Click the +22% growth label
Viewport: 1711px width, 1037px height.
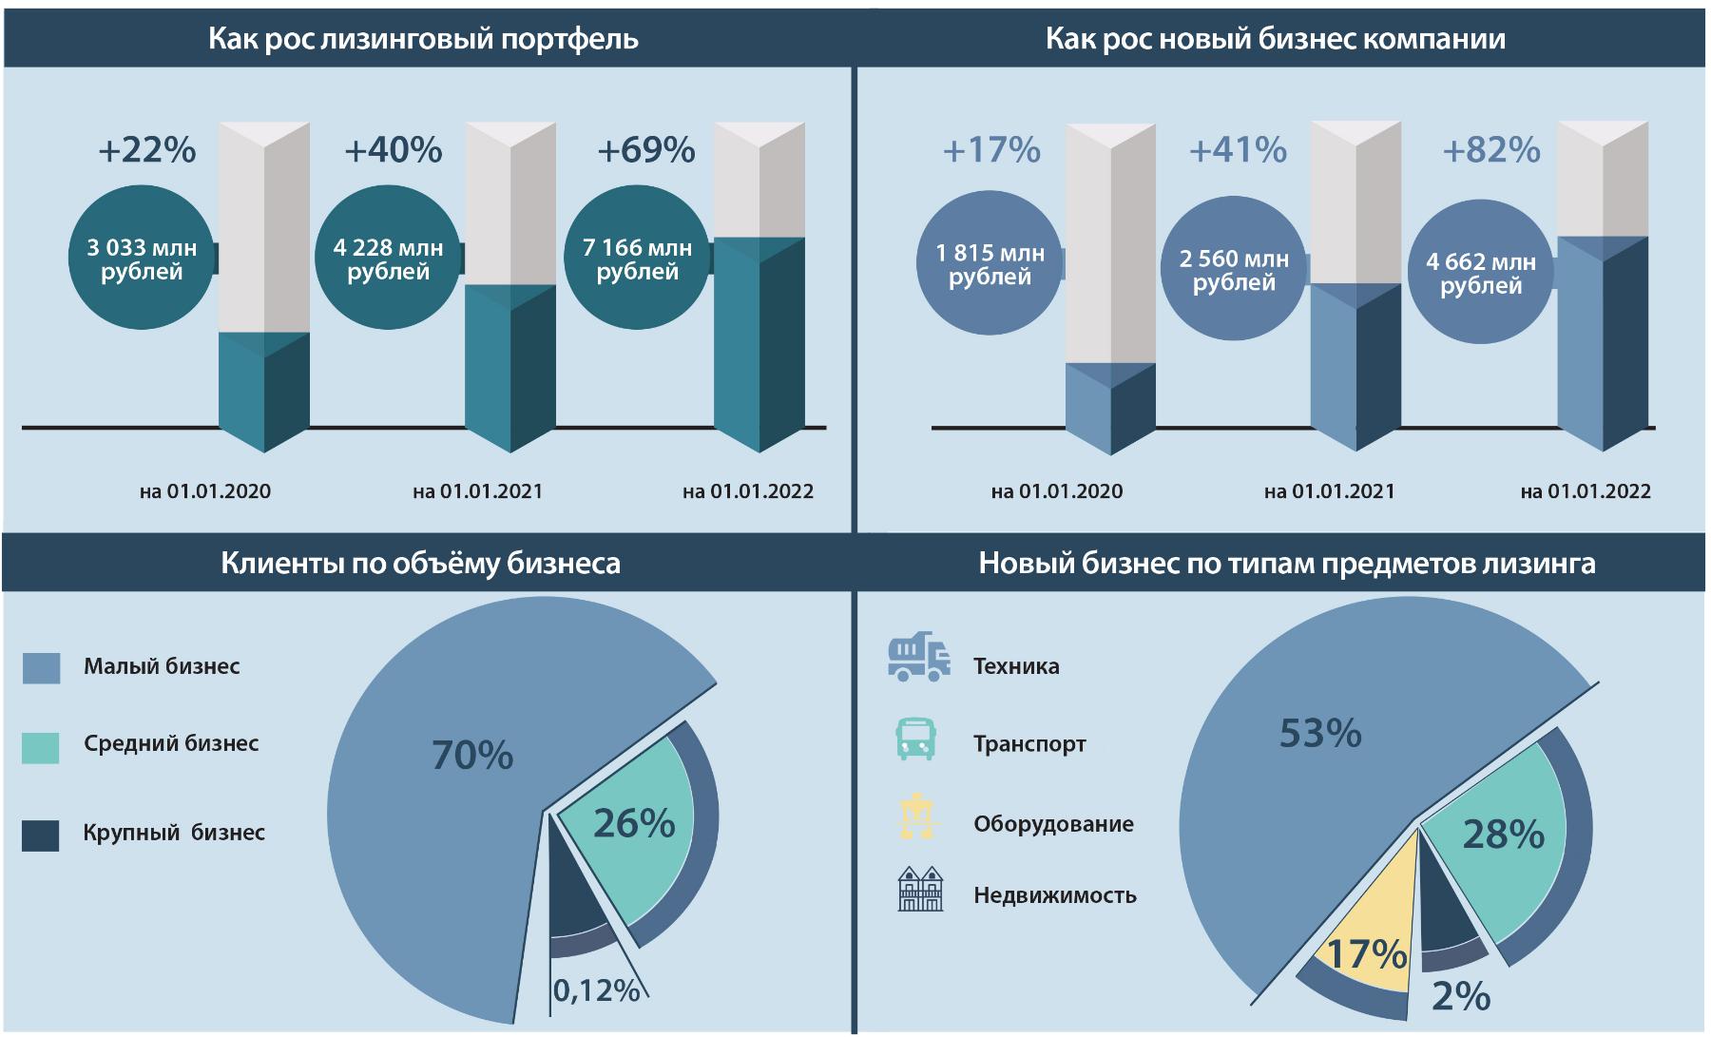pyautogui.click(x=146, y=150)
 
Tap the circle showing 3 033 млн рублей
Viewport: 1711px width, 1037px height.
pyautogui.click(x=142, y=259)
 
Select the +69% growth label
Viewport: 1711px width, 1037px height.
pyautogui.click(x=645, y=150)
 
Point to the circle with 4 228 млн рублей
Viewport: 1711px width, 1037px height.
pyautogui.click(x=388, y=259)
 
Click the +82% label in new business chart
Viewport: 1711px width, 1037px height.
pyautogui.click(x=1490, y=150)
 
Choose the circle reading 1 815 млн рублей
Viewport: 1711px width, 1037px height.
pyautogui.click(x=989, y=265)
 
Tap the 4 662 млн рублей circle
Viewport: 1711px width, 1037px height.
pyautogui.click(x=1480, y=274)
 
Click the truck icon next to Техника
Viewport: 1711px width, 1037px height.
pyautogui.click(x=918, y=657)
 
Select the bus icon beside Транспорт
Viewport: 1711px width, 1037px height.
pyautogui.click(x=916, y=739)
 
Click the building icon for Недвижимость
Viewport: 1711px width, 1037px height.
pyautogui.click(x=920, y=889)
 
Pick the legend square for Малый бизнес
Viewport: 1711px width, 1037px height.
pyautogui.click(x=41, y=667)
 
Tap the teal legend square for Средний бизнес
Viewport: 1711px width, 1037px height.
pyautogui.click(x=41, y=747)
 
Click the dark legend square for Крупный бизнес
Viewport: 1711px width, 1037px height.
pyautogui.click(x=41, y=835)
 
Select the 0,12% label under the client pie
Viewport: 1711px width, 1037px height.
pyautogui.click(x=596, y=990)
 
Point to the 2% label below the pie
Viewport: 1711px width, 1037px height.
pyautogui.click(x=1460, y=996)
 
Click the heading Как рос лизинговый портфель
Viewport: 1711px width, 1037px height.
pyautogui.click(x=423, y=39)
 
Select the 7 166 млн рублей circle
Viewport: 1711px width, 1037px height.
pyautogui.click(x=637, y=259)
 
